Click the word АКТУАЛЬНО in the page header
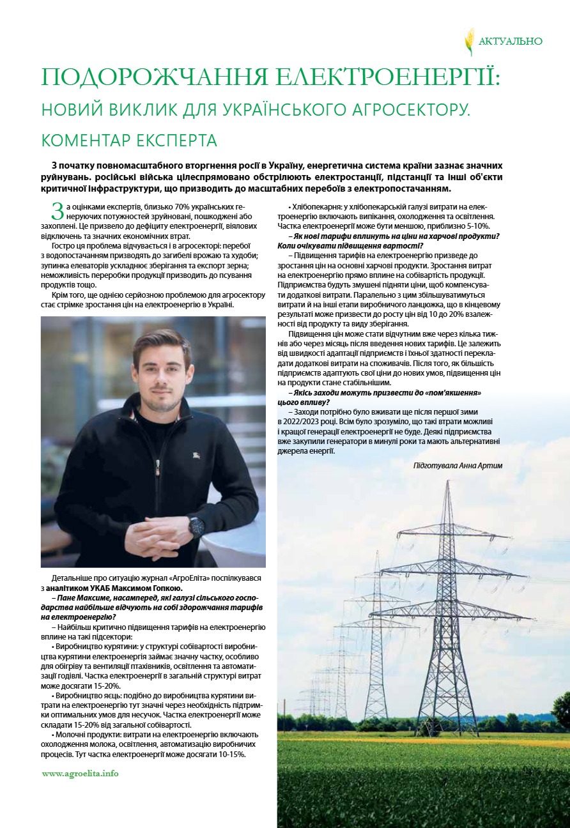click(x=511, y=42)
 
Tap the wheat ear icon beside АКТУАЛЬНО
click(x=469, y=41)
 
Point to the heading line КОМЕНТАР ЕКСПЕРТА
click(x=129, y=140)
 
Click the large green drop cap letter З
click(x=57, y=211)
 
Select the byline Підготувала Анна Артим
click(x=458, y=466)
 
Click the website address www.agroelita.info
click(x=80, y=773)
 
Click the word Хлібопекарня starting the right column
click(x=315, y=208)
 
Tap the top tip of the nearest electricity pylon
click(x=447, y=482)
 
